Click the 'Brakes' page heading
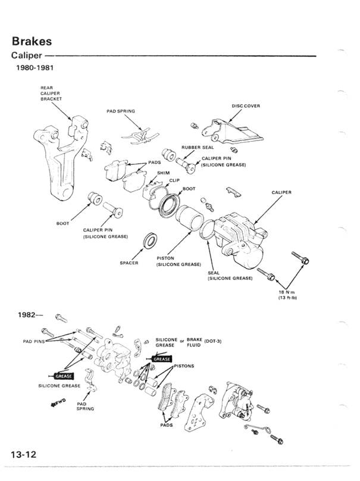[31, 42]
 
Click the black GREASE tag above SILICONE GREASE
[62, 376]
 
